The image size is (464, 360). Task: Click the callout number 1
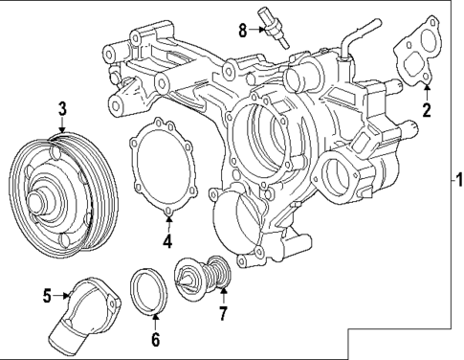[457, 179]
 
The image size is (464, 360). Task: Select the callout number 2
[427, 109]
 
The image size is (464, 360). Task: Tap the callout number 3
[60, 107]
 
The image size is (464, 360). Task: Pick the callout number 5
[46, 296]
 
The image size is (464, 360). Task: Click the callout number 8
[242, 30]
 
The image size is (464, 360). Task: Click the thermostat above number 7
[204, 279]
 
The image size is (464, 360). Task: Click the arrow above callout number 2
[427, 93]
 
